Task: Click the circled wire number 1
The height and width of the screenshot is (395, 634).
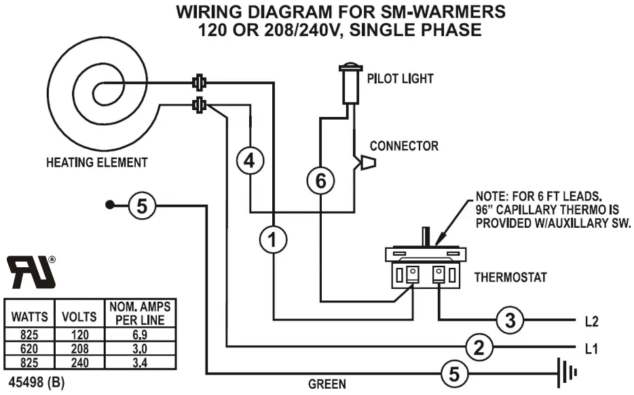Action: click(273, 239)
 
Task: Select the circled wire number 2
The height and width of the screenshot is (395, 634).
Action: click(479, 347)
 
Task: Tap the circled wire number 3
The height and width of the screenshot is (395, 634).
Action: click(510, 319)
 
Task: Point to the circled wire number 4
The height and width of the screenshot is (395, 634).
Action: click(250, 161)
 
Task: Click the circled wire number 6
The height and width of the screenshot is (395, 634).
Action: click(320, 181)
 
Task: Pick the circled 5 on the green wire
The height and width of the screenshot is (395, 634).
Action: click(454, 373)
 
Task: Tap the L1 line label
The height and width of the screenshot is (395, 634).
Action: click(591, 348)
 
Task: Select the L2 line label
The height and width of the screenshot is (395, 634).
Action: click(591, 320)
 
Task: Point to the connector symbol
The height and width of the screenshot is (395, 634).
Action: click(367, 162)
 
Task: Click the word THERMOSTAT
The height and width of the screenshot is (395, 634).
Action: click(510, 277)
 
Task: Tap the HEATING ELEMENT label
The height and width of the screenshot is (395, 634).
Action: click(96, 162)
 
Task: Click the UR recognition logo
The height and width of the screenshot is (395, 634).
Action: click(32, 271)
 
